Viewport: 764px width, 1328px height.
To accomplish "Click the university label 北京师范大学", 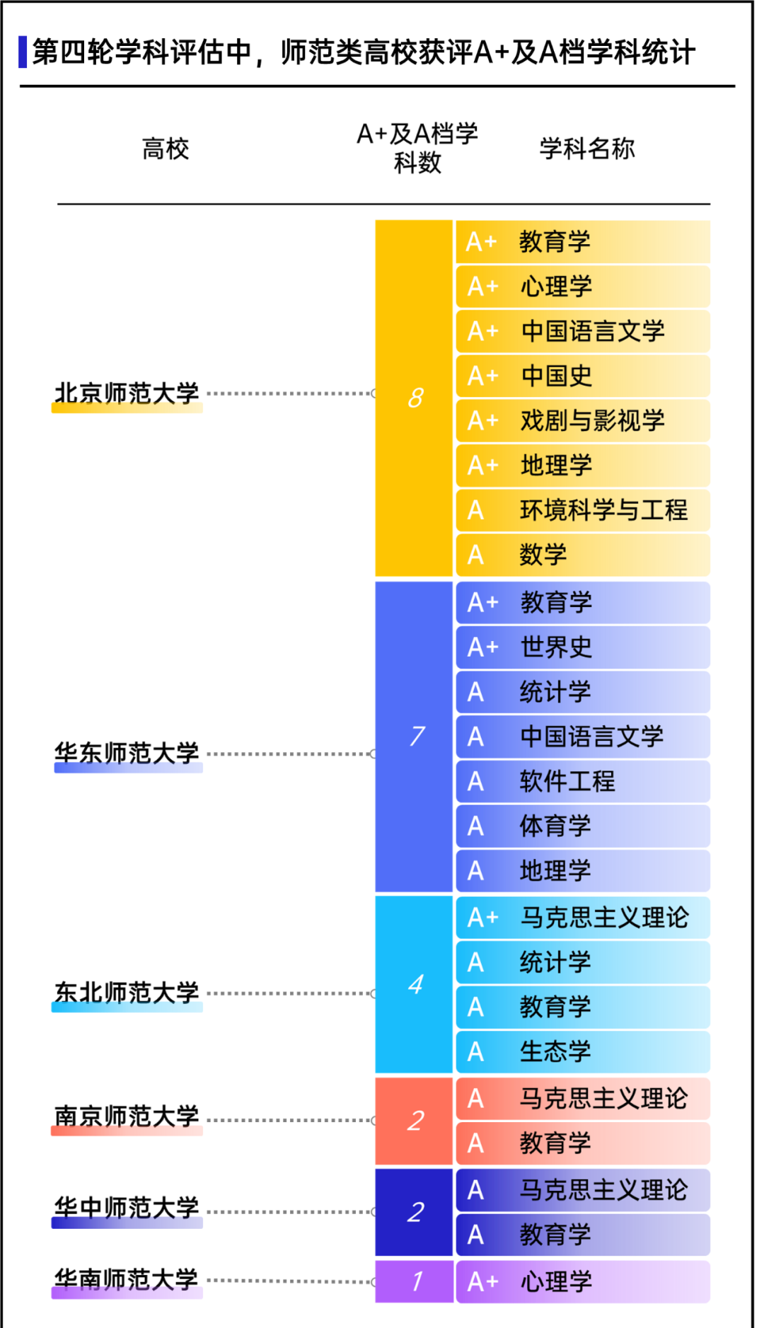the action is point(127,393).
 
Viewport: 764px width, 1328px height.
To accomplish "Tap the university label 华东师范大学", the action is point(127,754).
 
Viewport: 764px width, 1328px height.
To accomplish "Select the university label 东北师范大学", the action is point(127,993).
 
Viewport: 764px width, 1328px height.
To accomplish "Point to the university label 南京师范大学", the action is point(127,1116).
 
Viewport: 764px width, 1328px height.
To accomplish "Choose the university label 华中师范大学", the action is point(127,1208).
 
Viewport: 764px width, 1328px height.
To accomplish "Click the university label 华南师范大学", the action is point(127,1280).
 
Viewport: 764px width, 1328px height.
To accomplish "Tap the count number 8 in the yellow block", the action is point(416,398).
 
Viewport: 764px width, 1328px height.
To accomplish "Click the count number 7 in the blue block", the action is point(417,736).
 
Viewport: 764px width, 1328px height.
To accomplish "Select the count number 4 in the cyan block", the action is point(416,984).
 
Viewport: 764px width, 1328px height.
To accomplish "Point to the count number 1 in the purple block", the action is point(417,1281).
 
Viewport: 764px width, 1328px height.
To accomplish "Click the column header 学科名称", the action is point(587,149).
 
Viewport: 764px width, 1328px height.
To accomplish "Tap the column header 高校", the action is point(166,149).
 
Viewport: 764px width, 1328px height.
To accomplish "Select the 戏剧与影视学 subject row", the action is point(583,421).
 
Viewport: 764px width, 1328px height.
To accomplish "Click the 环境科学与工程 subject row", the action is point(583,510).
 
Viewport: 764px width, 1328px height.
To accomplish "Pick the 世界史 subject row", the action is point(583,647).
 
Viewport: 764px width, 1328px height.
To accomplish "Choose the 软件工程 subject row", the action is point(583,781).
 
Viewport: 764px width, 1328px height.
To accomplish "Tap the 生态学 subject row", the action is point(583,1052).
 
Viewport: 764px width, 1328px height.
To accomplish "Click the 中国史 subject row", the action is point(583,376).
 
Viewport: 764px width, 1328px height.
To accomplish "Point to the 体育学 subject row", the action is point(583,826).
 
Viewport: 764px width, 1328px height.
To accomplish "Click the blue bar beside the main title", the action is point(23,52).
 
